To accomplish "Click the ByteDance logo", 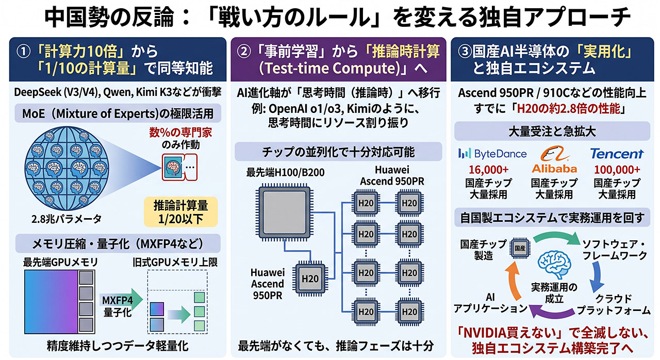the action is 492,154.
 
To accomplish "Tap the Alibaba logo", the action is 554,160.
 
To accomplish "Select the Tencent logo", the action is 617,154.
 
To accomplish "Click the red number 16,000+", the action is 488,170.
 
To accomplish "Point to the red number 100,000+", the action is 617,170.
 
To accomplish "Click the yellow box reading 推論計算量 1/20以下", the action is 180,212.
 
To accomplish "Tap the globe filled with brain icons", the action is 67,169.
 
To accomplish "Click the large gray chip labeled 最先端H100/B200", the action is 284,212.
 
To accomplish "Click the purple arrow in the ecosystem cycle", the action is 552,313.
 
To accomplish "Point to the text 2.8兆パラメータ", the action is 67,219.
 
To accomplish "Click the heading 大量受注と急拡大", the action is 552,132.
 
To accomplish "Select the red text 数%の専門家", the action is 180,133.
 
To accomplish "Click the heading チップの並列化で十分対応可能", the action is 338,152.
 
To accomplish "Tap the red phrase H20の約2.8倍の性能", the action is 568,109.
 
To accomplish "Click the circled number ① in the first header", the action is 24,52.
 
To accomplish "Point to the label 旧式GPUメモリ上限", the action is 175,262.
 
